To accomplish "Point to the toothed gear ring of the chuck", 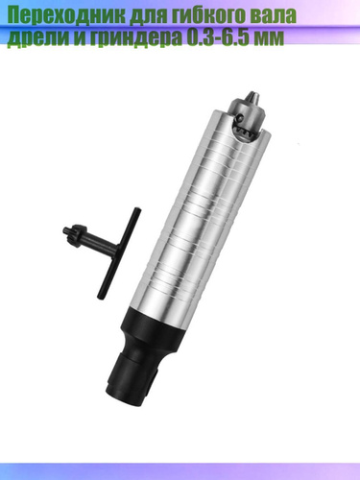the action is point(247,131).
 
